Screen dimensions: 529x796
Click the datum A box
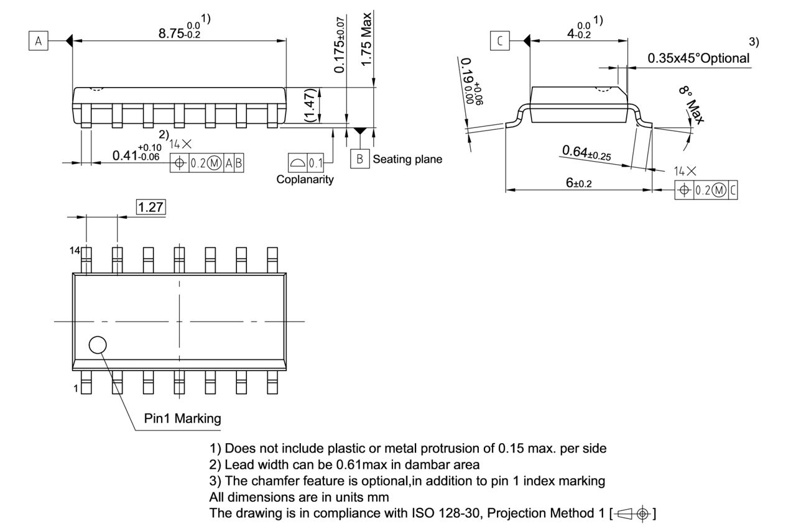point(39,42)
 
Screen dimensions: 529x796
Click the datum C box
point(499,42)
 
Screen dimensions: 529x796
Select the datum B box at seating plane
point(359,159)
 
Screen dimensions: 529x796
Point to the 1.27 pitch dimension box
point(151,207)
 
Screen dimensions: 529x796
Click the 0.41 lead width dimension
point(136,155)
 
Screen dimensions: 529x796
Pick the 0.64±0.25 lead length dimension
point(586,153)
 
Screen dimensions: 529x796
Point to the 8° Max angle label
point(691,106)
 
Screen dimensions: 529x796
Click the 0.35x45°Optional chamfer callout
point(698,58)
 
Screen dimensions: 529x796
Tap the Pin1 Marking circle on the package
point(98,345)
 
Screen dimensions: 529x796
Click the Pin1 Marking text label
point(182,418)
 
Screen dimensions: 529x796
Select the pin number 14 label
point(75,250)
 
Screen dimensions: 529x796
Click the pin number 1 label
point(76,389)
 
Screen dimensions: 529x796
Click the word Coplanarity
point(305,180)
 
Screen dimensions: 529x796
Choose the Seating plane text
point(407,159)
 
